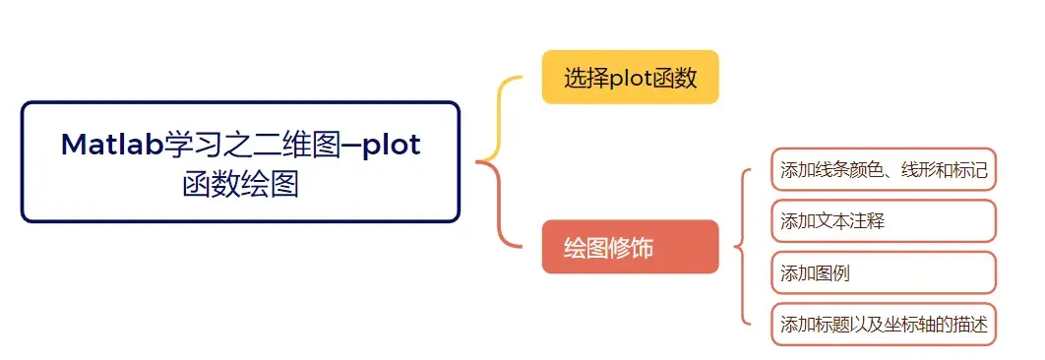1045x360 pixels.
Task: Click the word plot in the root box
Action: [392, 146]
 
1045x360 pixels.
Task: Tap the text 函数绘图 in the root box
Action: [240, 184]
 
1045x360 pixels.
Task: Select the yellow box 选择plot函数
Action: [630, 78]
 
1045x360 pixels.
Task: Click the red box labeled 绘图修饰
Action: [630, 247]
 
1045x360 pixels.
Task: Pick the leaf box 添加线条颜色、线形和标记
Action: [883, 169]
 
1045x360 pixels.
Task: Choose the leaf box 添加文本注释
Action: [883, 221]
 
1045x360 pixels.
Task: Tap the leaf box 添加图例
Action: [883, 273]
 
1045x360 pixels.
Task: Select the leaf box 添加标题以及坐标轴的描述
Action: [883, 325]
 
